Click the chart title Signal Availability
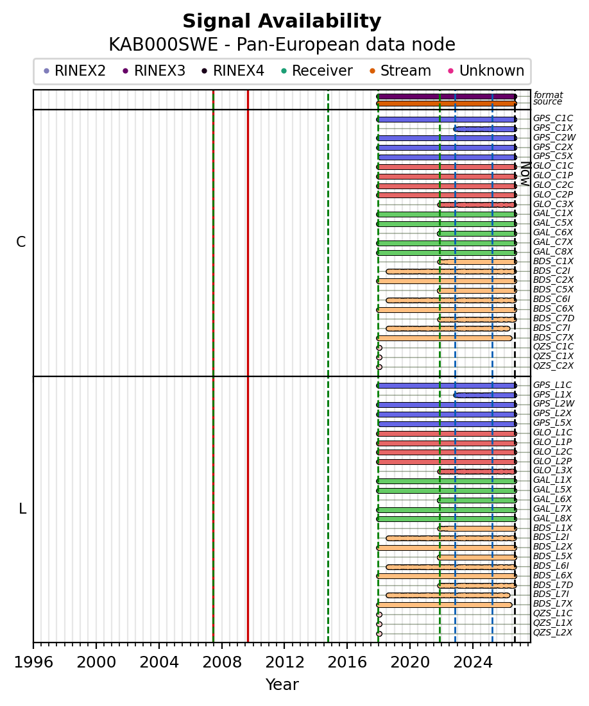click(282, 21)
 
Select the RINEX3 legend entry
click(154, 71)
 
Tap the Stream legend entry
click(400, 71)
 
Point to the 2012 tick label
click(284, 662)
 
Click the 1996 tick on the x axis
click(33, 645)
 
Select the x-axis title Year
click(282, 684)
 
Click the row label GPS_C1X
click(553, 128)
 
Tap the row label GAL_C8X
click(553, 252)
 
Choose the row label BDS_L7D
click(553, 585)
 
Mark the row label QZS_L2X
click(552, 633)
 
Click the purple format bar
click(447, 96)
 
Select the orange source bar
click(447, 103)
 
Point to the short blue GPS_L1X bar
click(485, 395)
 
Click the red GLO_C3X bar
click(477, 205)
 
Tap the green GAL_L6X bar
click(477, 500)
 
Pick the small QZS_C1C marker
click(379, 348)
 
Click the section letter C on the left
click(21, 242)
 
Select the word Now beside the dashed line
click(525, 174)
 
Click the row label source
click(547, 102)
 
